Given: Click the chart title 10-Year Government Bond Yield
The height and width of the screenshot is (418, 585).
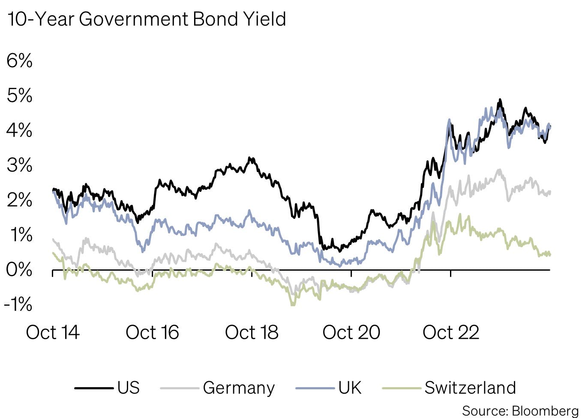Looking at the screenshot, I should (x=147, y=19).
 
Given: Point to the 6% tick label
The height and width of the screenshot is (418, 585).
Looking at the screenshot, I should (x=19, y=60).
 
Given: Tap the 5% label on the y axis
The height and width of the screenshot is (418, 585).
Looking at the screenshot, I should (x=19, y=96).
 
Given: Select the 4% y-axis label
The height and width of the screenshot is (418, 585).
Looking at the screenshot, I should (x=19, y=130).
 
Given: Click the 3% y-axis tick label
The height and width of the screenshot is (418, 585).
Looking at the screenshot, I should (x=19, y=165).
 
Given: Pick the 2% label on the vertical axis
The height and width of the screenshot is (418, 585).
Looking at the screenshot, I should (x=19, y=200).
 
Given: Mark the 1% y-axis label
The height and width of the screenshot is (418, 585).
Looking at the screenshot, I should (x=19, y=235).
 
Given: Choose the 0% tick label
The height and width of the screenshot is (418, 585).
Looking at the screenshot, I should (x=19, y=270).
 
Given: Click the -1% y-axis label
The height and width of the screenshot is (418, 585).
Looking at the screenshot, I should (x=18, y=305).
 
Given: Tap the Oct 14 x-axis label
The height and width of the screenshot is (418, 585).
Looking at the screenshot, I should (x=53, y=332).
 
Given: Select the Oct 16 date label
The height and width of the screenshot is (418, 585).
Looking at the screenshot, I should (x=152, y=332).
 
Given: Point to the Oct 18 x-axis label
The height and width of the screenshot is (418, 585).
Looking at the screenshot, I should (x=252, y=332).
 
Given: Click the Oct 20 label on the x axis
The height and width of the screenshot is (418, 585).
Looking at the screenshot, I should (x=351, y=332).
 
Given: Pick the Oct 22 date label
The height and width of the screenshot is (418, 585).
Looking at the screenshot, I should (x=451, y=332).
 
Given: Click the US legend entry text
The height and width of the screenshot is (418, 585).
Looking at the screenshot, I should (x=129, y=388).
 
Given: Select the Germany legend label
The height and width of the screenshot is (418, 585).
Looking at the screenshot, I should (x=239, y=388).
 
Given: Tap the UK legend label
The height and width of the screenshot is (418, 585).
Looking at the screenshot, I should (x=350, y=388).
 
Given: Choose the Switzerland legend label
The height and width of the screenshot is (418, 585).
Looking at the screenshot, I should (x=470, y=388).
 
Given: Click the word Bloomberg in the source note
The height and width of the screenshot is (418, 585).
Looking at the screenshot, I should (x=545, y=411).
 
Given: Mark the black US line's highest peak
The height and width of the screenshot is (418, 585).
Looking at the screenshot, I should (x=499, y=100).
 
